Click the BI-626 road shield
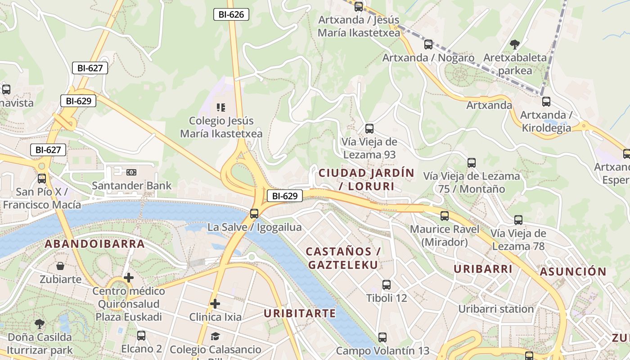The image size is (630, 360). [x=231, y=14]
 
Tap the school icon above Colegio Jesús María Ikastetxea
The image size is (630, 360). [x=221, y=107]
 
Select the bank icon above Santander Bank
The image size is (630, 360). [x=131, y=172]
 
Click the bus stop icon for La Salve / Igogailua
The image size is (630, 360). [x=254, y=213]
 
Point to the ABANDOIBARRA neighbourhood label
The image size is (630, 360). [x=94, y=244]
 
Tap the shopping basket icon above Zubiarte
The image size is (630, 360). [x=60, y=266]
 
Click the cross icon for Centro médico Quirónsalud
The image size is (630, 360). [x=129, y=278]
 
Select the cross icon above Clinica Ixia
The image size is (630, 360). [x=215, y=304]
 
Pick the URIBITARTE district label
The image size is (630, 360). [x=300, y=313]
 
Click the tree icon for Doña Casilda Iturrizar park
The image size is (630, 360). [x=40, y=324]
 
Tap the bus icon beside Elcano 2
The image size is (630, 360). [x=141, y=335]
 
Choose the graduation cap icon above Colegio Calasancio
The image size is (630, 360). [x=215, y=336]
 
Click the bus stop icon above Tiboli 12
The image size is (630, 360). [x=387, y=284]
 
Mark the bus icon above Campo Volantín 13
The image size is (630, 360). [x=382, y=337]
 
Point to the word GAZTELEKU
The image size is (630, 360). [x=343, y=265]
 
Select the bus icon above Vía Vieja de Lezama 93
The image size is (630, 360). [x=369, y=128]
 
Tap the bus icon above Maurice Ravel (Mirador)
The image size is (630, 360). [x=445, y=216]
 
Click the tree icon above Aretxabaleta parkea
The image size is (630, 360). [x=515, y=44]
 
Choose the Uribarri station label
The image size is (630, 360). [x=496, y=309]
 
